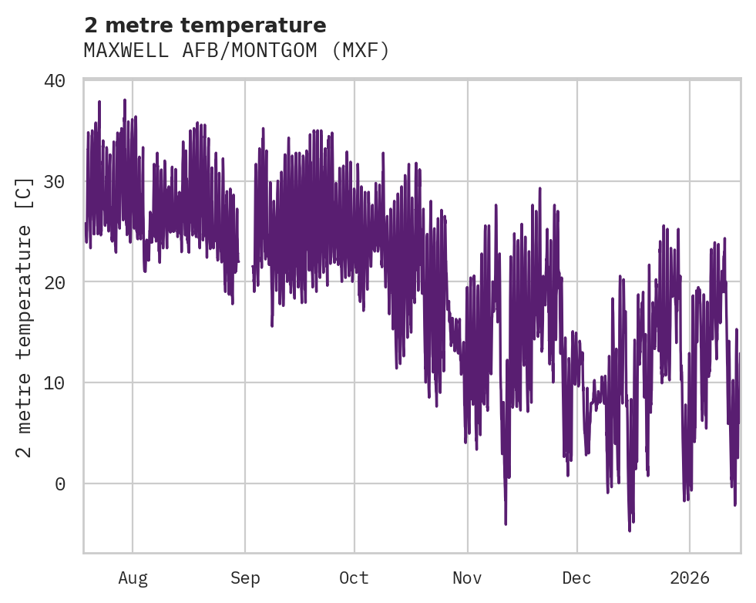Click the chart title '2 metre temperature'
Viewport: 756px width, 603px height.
coord(205,25)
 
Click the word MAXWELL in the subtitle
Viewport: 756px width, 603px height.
coord(118,51)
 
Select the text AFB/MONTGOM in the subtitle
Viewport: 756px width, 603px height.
coord(232,51)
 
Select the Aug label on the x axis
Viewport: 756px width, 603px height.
coord(133,578)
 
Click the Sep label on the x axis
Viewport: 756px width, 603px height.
coord(245,578)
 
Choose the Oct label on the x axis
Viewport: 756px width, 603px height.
coord(354,578)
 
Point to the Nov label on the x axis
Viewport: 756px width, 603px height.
coord(467,578)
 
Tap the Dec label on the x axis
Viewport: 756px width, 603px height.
coord(576,578)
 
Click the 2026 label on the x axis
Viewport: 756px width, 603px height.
coord(690,578)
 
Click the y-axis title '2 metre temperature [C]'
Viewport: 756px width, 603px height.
coord(25,317)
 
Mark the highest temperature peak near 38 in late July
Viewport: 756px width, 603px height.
coord(124,100)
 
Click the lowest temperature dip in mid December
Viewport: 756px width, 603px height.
coord(630,530)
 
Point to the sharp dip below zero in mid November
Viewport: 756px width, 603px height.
coord(506,523)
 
